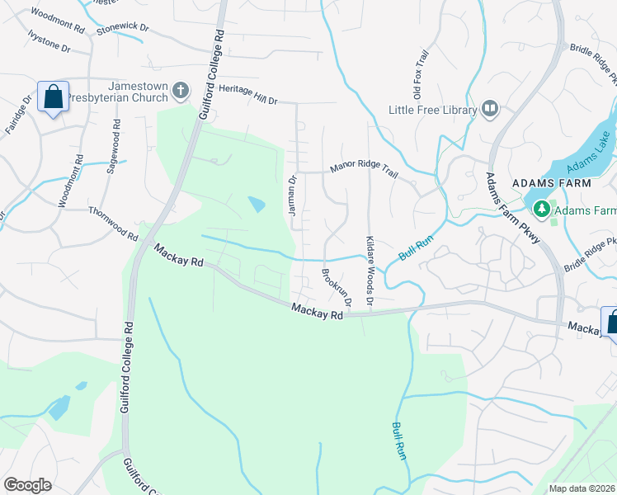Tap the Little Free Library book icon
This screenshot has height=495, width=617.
[490, 109]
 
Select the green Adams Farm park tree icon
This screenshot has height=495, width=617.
[541, 210]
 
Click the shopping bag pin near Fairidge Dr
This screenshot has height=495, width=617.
[53, 97]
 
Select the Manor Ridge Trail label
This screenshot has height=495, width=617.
[364, 169]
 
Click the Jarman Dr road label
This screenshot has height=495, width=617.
[292, 196]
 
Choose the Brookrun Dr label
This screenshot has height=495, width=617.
[337, 288]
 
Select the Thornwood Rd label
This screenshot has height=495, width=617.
[113, 224]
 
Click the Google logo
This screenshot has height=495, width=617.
[28, 485]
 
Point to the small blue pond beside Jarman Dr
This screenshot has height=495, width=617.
[257, 204]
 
